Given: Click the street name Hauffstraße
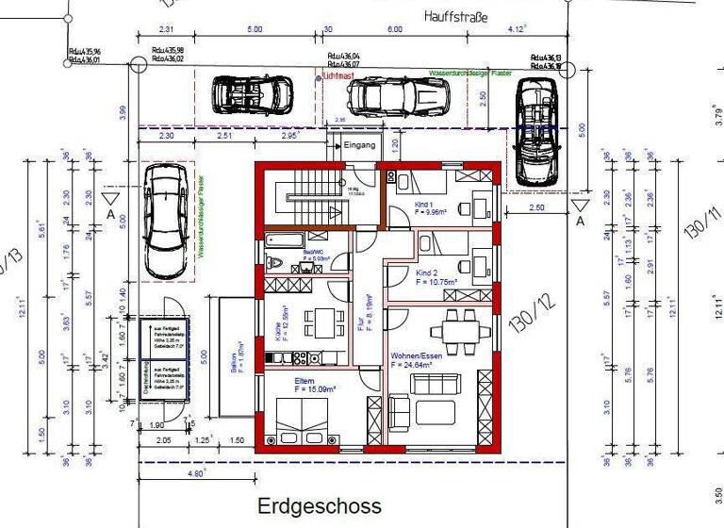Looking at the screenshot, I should [456, 16].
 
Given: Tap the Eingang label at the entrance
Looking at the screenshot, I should [360, 146].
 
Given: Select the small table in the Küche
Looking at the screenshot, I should [325, 322].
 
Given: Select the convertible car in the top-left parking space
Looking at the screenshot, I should [251, 93].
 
